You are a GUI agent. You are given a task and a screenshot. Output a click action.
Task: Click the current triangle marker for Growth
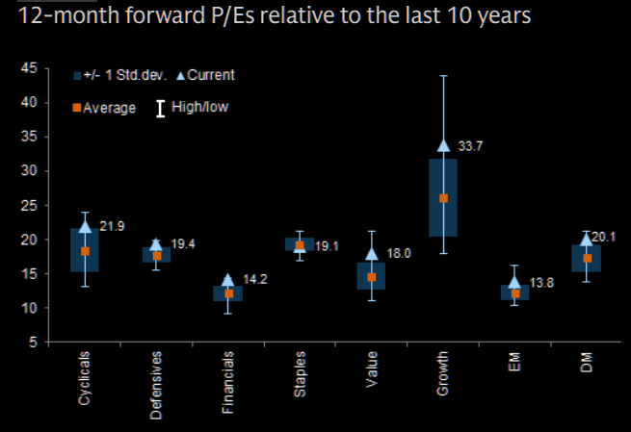click(x=443, y=145)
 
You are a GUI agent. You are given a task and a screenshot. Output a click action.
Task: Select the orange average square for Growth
click(x=443, y=198)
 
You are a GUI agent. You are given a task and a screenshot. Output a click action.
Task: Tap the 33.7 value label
click(x=469, y=146)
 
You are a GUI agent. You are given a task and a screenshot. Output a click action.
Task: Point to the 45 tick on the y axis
click(x=31, y=68)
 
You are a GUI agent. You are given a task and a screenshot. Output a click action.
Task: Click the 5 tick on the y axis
click(x=35, y=343)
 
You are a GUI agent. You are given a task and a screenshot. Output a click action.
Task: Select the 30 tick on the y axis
click(x=31, y=171)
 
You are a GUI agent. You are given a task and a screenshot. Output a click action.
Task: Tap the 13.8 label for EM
click(x=541, y=283)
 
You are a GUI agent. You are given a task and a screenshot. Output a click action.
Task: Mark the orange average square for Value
click(x=372, y=277)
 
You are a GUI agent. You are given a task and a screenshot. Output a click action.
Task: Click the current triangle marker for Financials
click(x=228, y=280)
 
